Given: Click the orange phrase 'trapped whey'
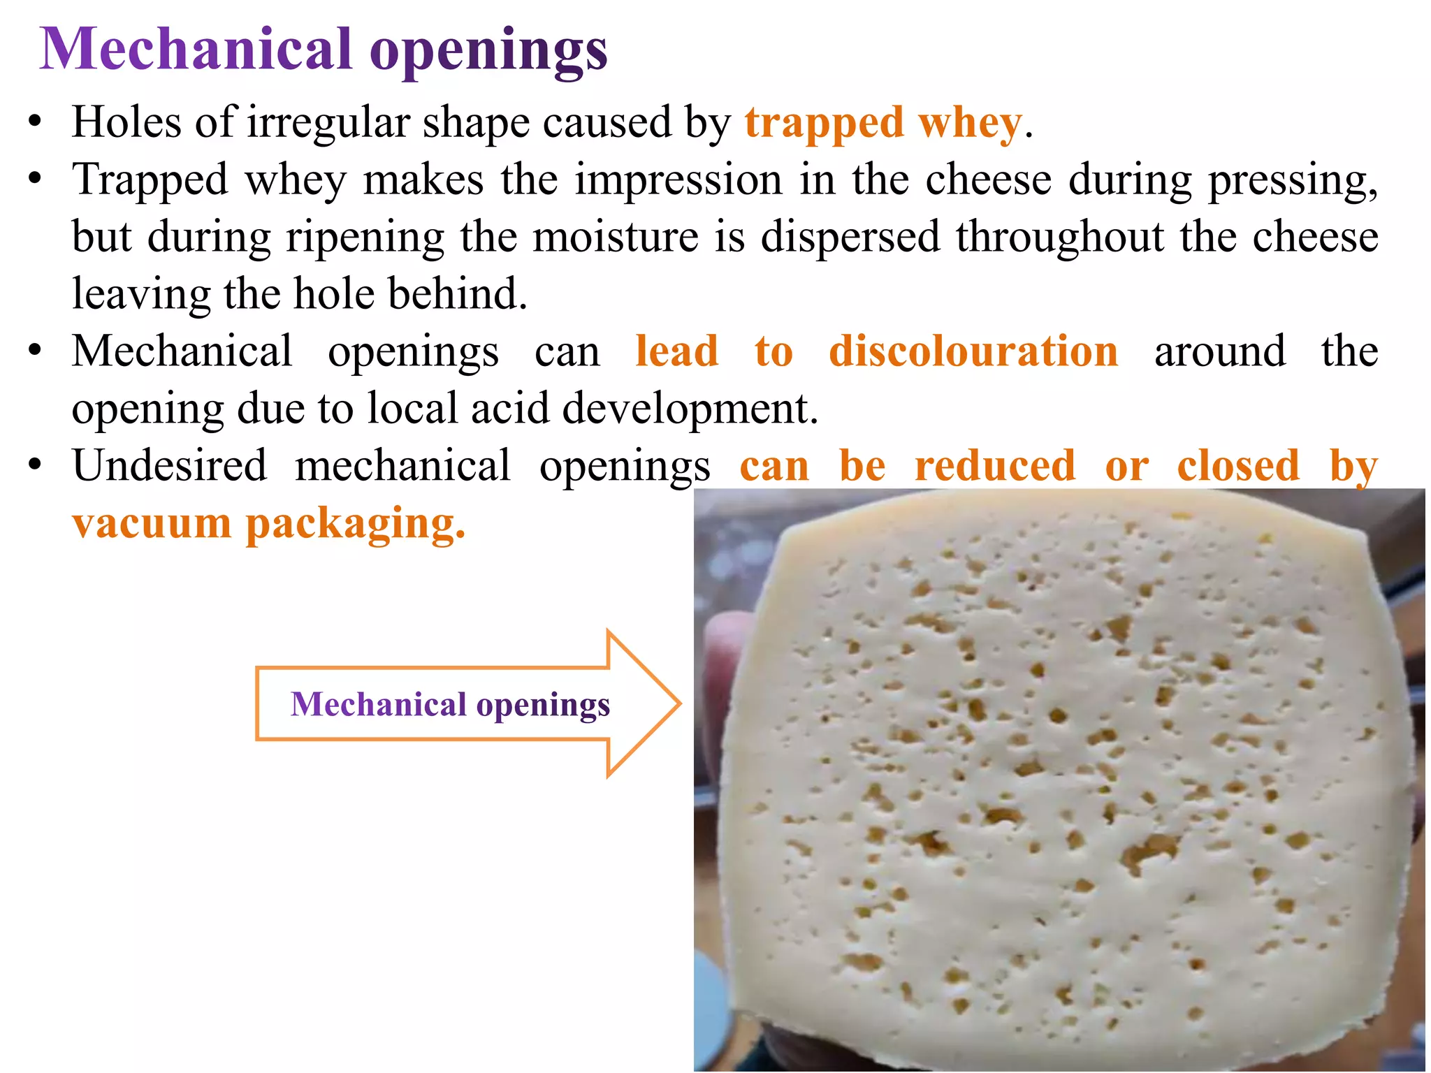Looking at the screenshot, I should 882,123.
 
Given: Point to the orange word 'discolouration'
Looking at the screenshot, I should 973,351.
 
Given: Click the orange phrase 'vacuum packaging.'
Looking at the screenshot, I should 268,523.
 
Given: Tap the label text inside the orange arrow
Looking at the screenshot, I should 450,704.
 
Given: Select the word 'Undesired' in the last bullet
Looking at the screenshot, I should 170,465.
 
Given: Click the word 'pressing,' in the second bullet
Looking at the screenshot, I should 1293,181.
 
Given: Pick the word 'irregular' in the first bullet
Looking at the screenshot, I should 328,123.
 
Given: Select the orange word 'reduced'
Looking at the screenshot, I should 995,465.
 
